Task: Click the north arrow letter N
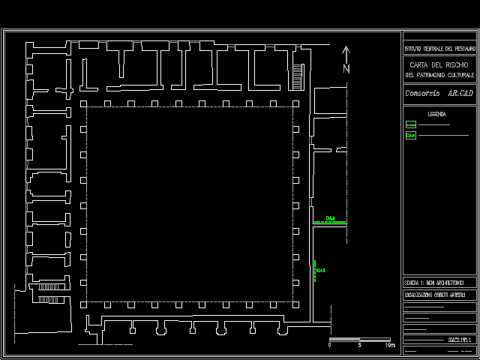[346, 68]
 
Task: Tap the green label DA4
[330, 219]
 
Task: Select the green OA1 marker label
[321, 270]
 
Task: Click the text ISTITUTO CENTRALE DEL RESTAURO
[439, 48]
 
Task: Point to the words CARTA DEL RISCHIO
[439, 64]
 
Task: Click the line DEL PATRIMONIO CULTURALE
[439, 75]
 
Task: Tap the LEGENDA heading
[437, 114]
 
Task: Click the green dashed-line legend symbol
[410, 124]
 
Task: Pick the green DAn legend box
[410, 136]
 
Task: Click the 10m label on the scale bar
[390, 345]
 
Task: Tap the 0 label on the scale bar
[330, 345]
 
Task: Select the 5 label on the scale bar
[360, 345]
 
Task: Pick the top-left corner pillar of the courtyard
[84, 103]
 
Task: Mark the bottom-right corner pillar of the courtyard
[297, 305]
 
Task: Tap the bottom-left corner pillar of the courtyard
[84, 305]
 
